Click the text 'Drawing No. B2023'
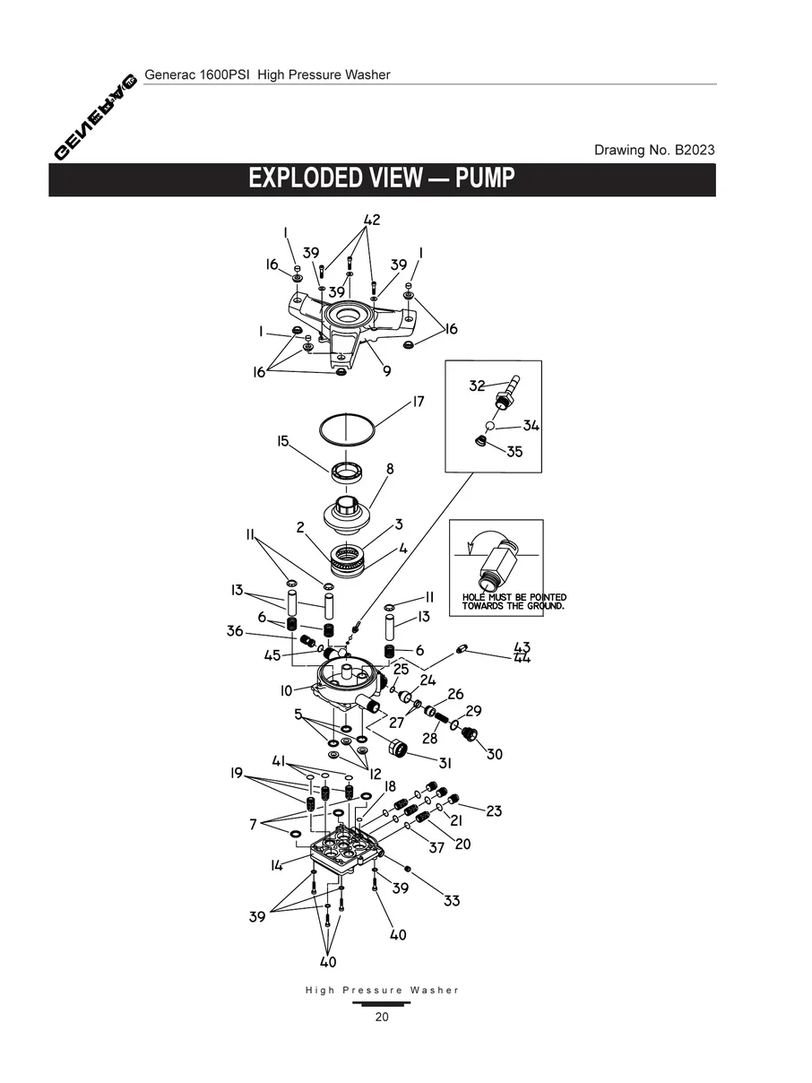tap(654, 150)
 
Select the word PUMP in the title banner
tap(485, 178)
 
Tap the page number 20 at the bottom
tap(382, 1017)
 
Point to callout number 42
tap(372, 221)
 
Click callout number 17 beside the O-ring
tap(418, 402)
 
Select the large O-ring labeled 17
tap(347, 427)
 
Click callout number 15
tap(283, 441)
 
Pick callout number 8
tap(390, 469)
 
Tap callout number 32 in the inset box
tap(477, 386)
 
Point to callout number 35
tap(514, 452)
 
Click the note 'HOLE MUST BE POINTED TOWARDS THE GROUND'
tap(514, 602)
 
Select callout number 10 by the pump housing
tap(286, 690)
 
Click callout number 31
tap(445, 763)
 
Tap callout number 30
tap(495, 754)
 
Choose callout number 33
tap(452, 899)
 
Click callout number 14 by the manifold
tap(278, 865)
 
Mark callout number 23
tap(494, 811)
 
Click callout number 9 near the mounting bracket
tap(387, 370)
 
